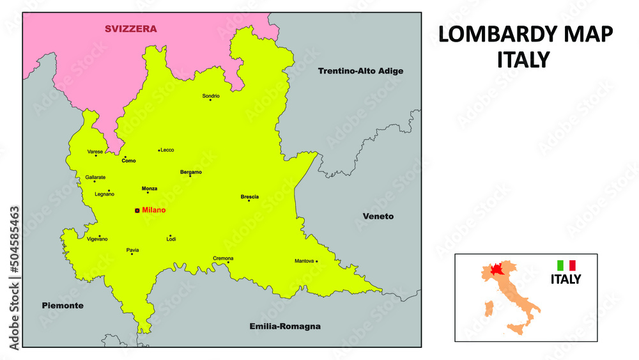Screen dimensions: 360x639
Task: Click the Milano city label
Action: pyautogui.click(x=154, y=210)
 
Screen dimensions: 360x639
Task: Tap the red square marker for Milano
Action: pyautogui.click(x=137, y=210)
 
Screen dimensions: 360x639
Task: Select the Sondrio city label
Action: pyautogui.click(x=211, y=96)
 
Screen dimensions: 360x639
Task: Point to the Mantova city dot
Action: pyautogui.click(x=317, y=261)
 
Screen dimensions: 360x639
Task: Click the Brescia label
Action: pyautogui.click(x=250, y=197)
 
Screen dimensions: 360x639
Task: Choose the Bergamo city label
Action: pyautogui.click(x=191, y=172)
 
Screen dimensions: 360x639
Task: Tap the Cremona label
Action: pyautogui.click(x=223, y=258)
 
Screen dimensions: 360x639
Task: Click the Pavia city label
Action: pyautogui.click(x=133, y=250)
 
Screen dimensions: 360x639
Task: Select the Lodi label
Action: pyautogui.click(x=171, y=239)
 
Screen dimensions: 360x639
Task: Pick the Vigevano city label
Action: pyautogui.click(x=98, y=239)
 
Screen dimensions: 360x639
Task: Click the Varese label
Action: pyautogui.click(x=95, y=152)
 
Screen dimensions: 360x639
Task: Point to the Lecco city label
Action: pyautogui.click(x=167, y=150)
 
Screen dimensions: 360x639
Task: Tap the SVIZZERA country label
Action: pyautogui.click(x=131, y=29)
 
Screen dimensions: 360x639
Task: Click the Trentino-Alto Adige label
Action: pyautogui.click(x=360, y=71)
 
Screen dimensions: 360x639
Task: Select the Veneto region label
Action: pyautogui.click(x=378, y=216)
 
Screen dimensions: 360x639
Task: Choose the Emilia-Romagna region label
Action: pyautogui.click(x=284, y=327)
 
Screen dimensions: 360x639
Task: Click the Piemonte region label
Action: pyautogui.click(x=63, y=306)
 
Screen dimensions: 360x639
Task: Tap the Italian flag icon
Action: pyautogui.click(x=566, y=265)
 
